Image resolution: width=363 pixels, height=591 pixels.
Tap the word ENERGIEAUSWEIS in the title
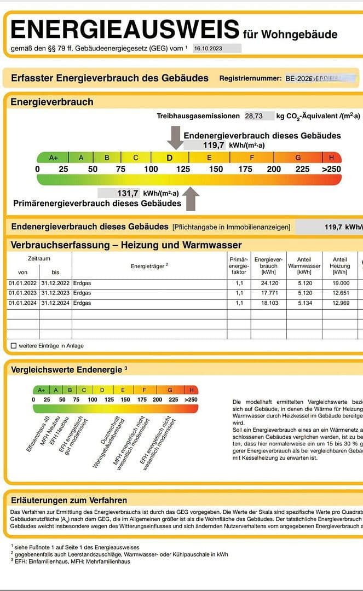(125, 29)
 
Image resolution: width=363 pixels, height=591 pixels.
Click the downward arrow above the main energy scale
(176, 137)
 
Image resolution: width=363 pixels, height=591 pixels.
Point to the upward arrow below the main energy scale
(191, 199)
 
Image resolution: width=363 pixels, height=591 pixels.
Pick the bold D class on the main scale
(170, 158)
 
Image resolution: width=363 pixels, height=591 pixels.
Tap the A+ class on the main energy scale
(54, 158)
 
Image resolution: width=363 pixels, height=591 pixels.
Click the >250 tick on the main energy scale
(331, 169)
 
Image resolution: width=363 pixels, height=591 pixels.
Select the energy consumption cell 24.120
(268, 283)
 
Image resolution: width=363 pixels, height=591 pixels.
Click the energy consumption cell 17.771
(268, 293)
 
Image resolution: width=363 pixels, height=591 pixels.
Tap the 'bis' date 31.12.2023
(55, 293)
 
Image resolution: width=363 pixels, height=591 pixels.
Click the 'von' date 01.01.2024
(22, 303)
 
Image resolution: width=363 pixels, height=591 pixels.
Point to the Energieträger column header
(149, 265)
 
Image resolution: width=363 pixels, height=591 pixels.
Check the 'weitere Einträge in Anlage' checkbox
(14, 346)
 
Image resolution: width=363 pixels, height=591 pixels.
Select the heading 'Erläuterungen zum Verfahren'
(69, 500)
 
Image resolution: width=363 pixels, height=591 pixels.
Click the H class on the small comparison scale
(192, 390)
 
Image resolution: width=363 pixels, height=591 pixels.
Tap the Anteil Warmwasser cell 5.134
(304, 303)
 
